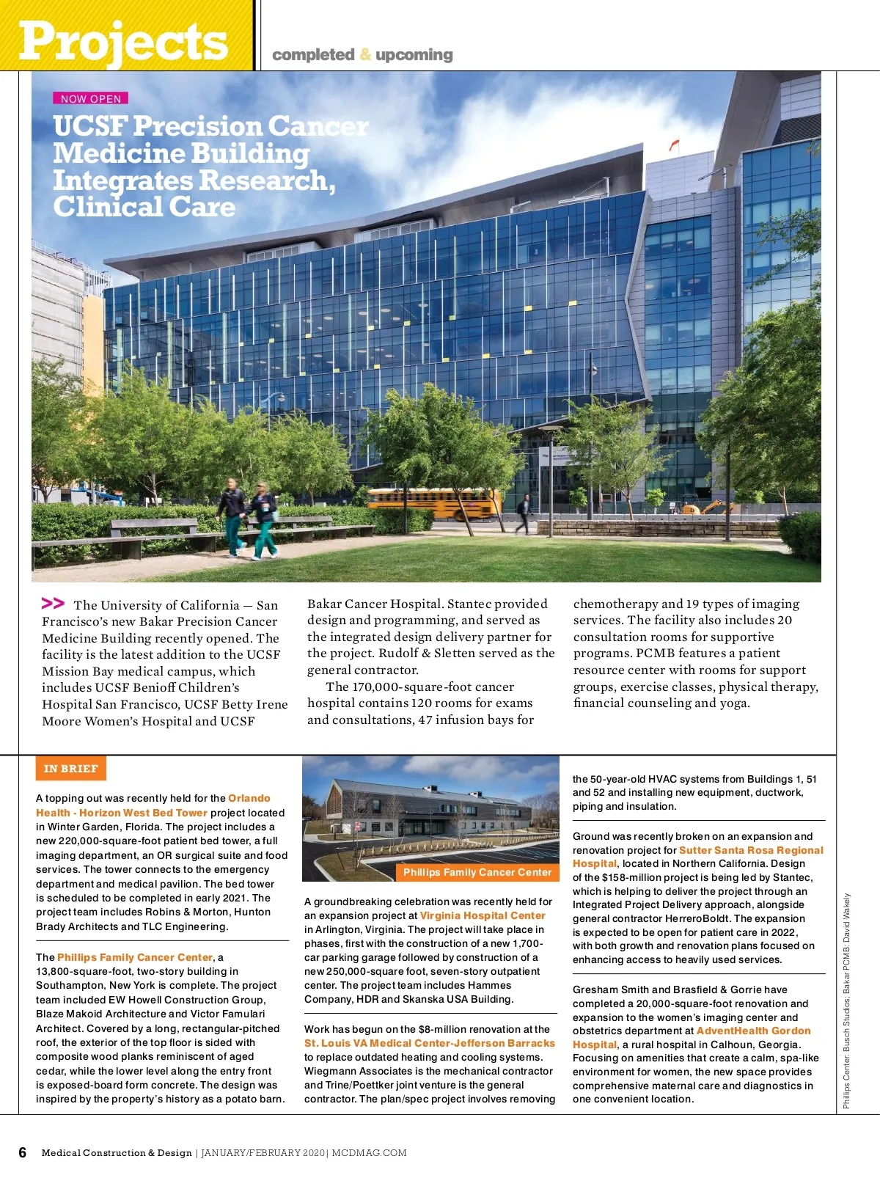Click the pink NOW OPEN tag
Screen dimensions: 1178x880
pyautogui.click(x=90, y=98)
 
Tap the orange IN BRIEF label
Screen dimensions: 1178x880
pyautogui.click(x=70, y=768)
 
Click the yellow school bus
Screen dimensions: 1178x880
pyautogui.click(x=433, y=503)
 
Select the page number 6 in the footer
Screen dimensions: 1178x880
pyautogui.click(x=23, y=1152)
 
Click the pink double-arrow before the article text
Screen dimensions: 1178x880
pyautogui.click(x=53, y=604)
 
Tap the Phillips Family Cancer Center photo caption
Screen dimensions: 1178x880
pyautogui.click(x=477, y=872)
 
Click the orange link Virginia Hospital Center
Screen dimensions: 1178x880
pyautogui.click(x=483, y=915)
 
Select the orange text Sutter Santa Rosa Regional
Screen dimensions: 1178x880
pyautogui.click(x=751, y=850)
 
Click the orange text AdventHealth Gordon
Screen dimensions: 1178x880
pyautogui.click(x=753, y=1031)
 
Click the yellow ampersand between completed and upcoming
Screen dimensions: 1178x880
pyautogui.click(x=365, y=55)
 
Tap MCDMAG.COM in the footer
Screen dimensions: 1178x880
pyautogui.click(x=369, y=1152)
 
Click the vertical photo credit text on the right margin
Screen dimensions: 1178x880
pyautogui.click(x=846, y=1000)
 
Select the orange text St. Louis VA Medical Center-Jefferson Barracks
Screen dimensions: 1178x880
pyautogui.click(x=430, y=1043)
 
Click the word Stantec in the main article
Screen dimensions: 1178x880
pyautogui.click(x=471, y=604)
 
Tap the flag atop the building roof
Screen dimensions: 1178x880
pyautogui.click(x=675, y=144)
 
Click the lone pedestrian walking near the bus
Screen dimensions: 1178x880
pyautogui.click(x=524, y=513)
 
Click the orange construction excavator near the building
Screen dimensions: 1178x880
pyautogui.click(x=707, y=507)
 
